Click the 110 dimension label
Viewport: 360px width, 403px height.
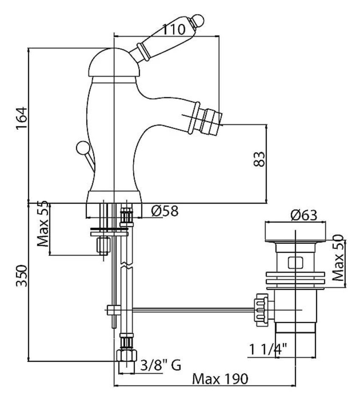click(174, 30)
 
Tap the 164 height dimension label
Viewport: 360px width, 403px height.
click(22, 118)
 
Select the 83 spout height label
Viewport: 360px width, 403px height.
click(259, 159)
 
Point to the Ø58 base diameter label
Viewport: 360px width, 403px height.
click(165, 211)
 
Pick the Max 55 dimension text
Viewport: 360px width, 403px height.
click(43, 224)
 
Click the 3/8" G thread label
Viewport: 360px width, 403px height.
click(161, 365)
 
